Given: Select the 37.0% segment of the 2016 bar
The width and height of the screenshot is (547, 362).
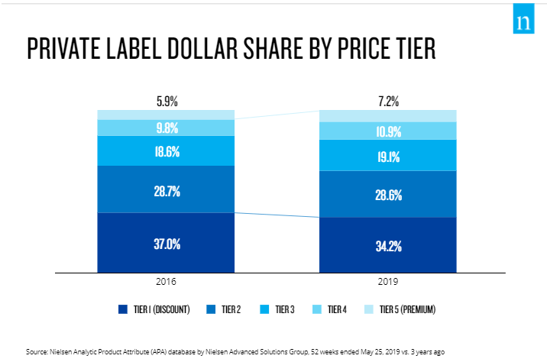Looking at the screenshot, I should [166, 244].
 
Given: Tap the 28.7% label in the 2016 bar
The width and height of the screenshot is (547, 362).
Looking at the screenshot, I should [166, 192].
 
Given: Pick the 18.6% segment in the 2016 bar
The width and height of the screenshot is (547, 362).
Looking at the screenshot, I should [166, 151].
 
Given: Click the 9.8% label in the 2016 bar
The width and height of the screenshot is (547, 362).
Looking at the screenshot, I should [166, 128].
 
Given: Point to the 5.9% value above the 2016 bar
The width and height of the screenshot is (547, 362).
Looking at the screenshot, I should [166, 100].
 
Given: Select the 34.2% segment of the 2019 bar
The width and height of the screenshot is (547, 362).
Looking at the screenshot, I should [388, 246].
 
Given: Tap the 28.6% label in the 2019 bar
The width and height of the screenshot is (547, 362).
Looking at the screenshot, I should [388, 195].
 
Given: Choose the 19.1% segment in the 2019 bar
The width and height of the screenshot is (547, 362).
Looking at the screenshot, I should [388, 157].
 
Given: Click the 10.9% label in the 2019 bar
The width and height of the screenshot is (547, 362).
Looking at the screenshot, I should [388, 131].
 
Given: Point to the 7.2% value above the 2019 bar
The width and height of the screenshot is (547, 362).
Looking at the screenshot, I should [388, 100].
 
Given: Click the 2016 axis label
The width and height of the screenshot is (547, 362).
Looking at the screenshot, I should [166, 281].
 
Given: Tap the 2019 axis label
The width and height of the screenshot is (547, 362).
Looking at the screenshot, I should [388, 281].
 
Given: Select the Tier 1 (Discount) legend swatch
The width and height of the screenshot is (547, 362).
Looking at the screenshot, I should [122, 309].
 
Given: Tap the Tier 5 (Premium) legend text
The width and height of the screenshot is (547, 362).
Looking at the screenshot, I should [407, 309].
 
